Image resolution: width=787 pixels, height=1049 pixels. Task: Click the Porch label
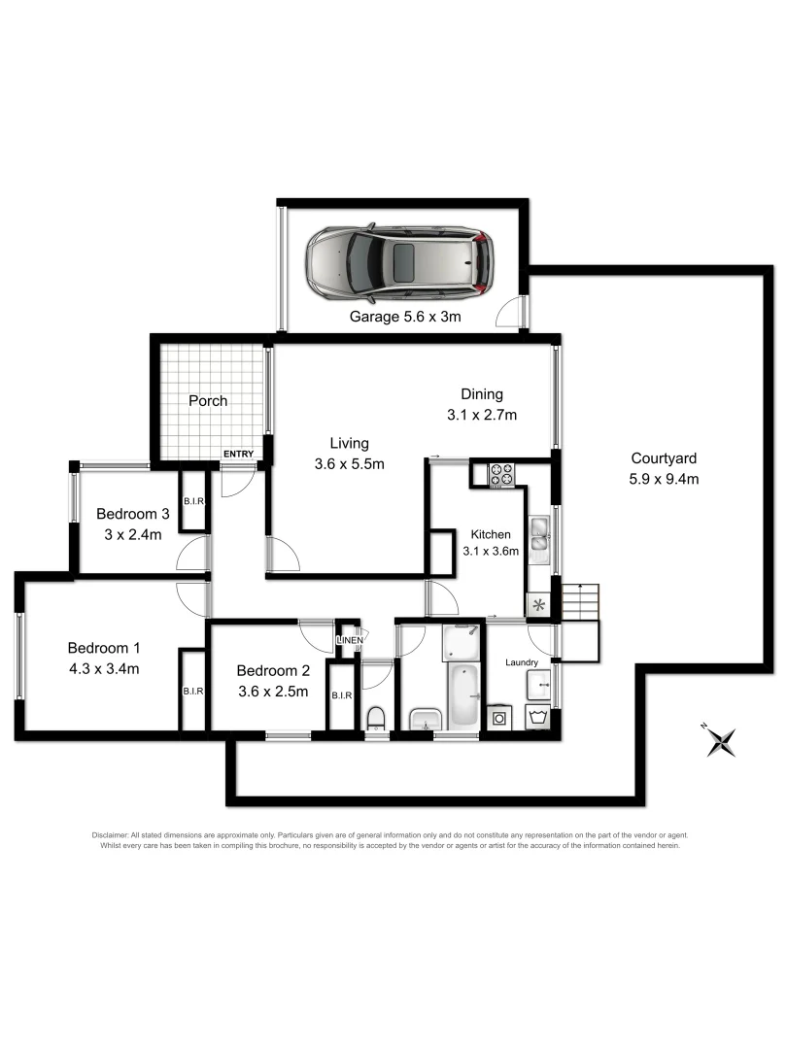[208, 400]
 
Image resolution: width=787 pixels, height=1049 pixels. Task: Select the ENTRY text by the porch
[238, 455]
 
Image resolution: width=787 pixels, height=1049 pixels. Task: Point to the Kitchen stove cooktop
[501, 475]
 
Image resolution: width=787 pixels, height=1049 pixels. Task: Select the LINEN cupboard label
[350, 640]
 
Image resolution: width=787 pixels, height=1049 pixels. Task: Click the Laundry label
[522, 662]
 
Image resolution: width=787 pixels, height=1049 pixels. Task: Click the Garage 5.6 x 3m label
[404, 317]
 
